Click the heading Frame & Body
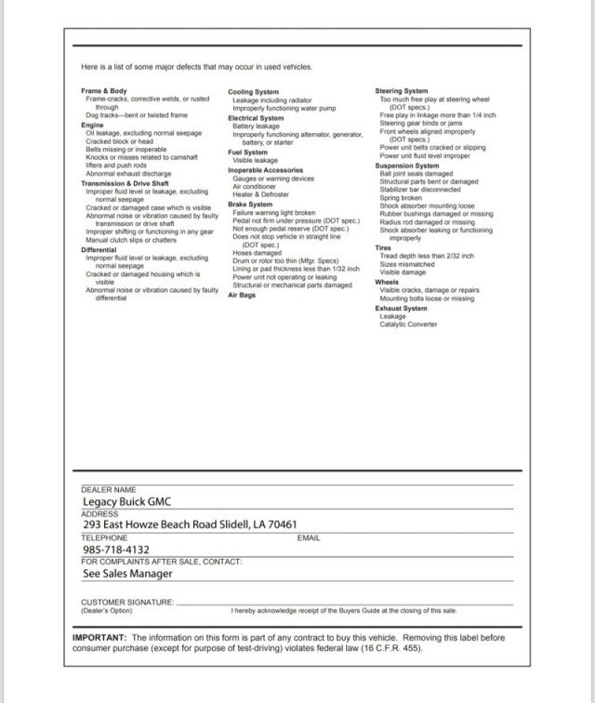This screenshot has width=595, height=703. coord(103,91)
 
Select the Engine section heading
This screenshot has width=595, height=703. coord(92,124)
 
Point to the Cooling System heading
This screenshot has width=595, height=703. coord(253,92)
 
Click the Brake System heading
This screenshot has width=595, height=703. coord(250,204)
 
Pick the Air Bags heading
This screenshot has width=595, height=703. coord(241,295)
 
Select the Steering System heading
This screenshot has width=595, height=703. coord(401,91)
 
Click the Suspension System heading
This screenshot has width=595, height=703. coord(406,166)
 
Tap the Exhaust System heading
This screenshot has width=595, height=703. coord(401,308)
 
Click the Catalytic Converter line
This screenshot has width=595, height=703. coord(407,325)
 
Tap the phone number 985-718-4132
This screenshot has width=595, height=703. coord(115,550)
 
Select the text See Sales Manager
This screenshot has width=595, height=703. coord(126,574)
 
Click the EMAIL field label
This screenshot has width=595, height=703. coord(309,537)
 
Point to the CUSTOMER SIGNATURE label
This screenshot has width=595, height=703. coord(127,602)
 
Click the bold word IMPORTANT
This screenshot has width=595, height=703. coord(99,637)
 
